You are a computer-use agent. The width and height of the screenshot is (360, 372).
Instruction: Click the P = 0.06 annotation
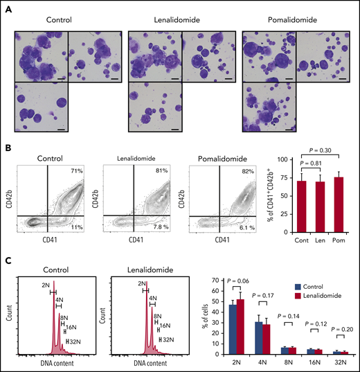point(238,280)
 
